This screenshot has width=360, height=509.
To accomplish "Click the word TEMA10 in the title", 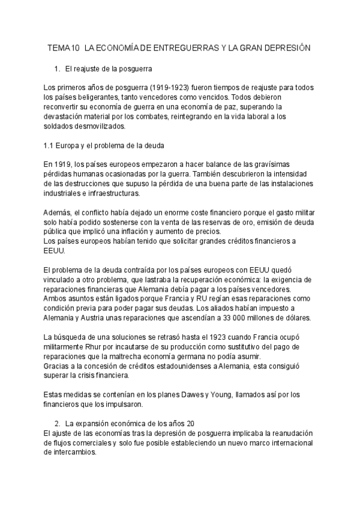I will point(63,47).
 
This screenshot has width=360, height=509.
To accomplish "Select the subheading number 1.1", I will point(50,146).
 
